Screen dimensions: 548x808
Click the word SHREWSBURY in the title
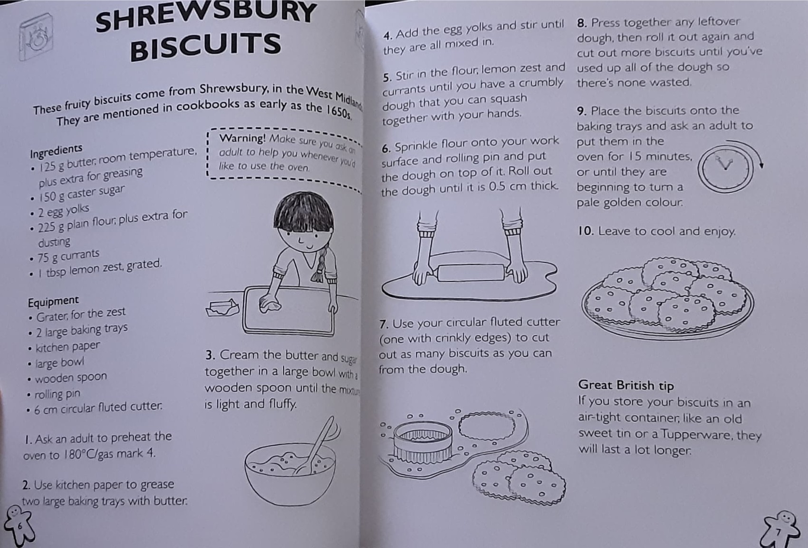[205, 15]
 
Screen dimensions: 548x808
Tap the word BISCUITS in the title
[205, 46]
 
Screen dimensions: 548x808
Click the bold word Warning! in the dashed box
[242, 138]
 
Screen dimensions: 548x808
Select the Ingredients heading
[56, 151]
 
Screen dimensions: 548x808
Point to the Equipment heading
[53, 302]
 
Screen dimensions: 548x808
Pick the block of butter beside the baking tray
[222, 308]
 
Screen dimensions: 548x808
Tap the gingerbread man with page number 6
[18, 525]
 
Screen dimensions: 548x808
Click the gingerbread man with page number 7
[780, 529]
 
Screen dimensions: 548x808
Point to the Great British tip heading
[626, 385]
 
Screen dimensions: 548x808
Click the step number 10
[586, 231]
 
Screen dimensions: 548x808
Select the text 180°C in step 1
[79, 455]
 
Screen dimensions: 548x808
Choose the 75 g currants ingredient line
[68, 256]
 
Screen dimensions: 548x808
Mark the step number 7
[384, 324]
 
